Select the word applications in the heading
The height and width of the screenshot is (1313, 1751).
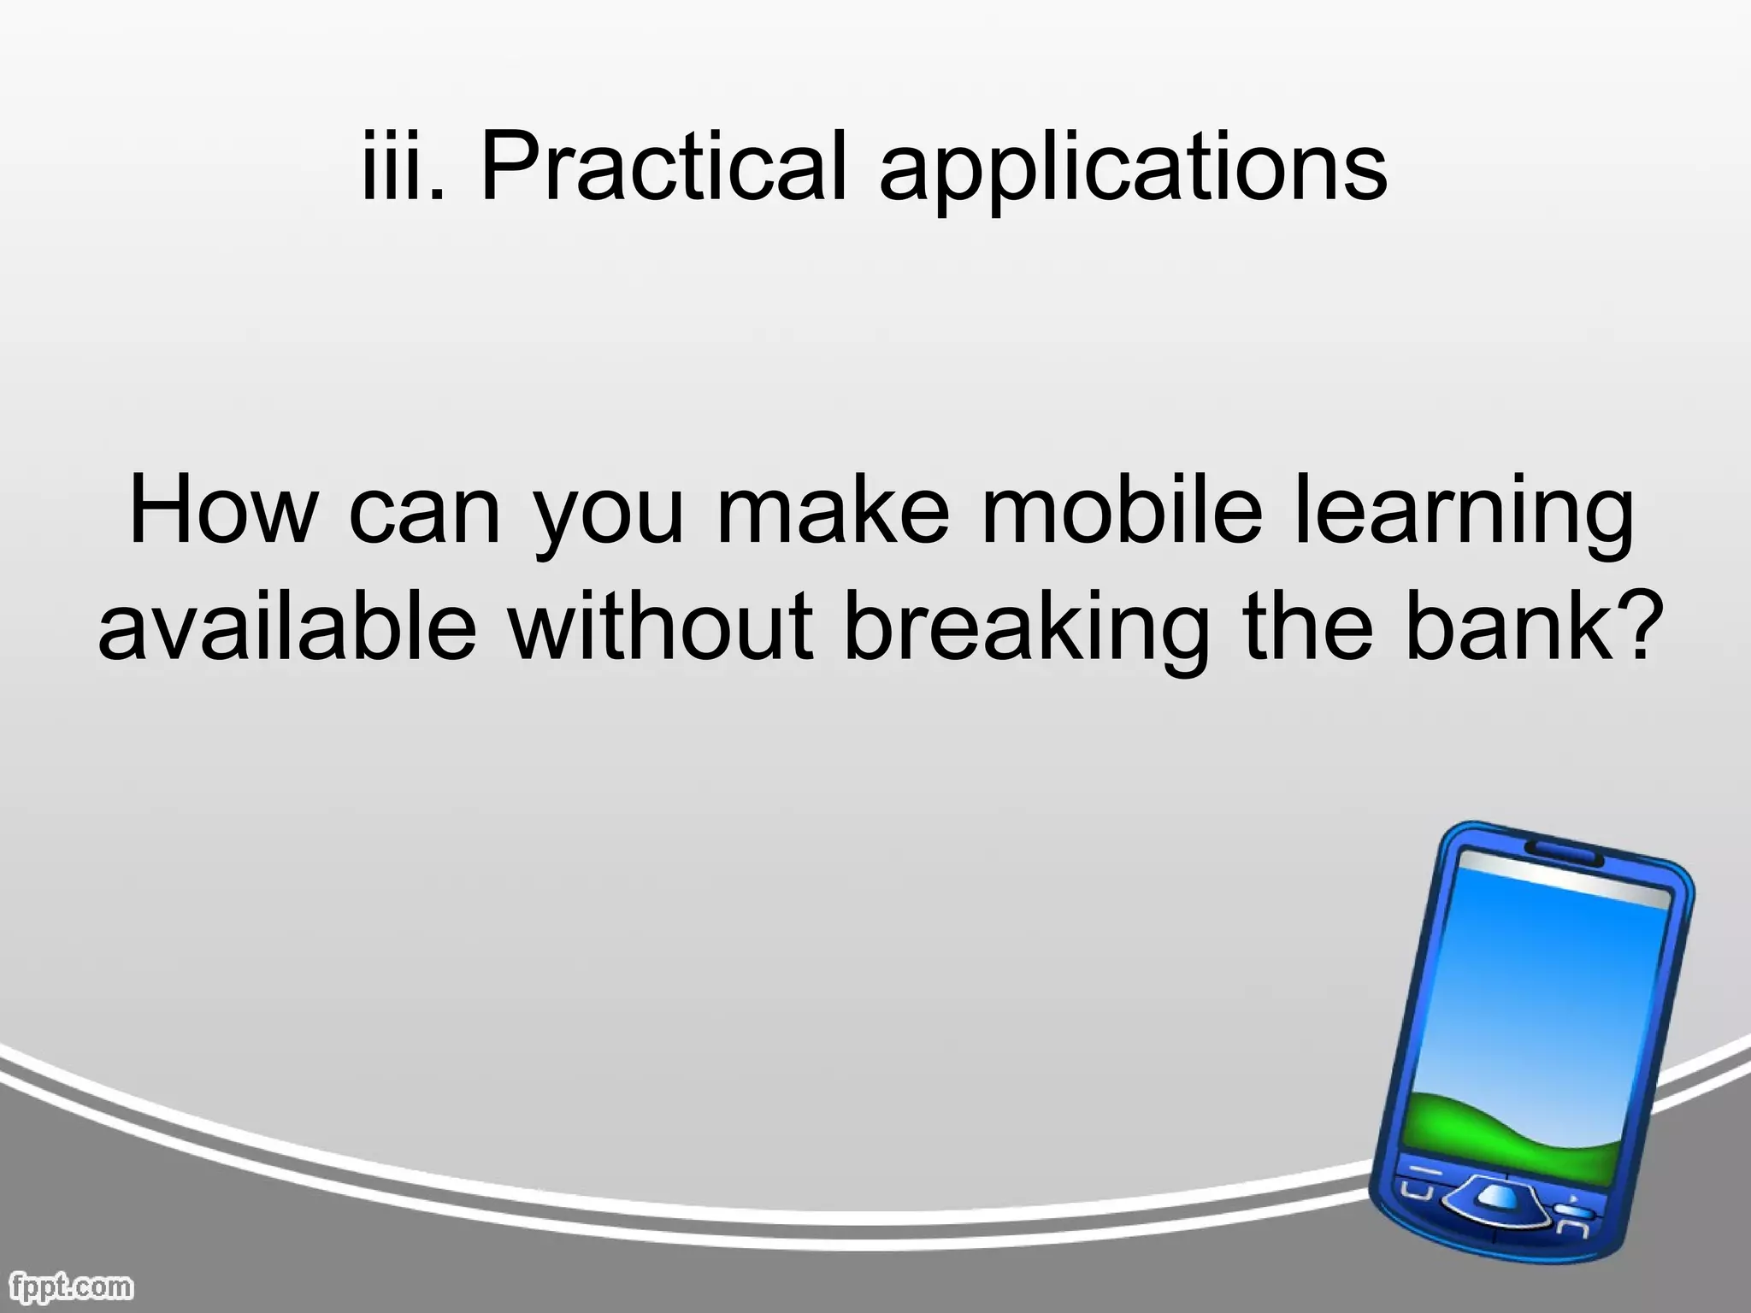tap(1133, 171)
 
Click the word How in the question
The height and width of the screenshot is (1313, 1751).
tap(222, 513)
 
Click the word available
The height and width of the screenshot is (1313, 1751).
tap(287, 628)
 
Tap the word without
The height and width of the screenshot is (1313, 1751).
tap(658, 628)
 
